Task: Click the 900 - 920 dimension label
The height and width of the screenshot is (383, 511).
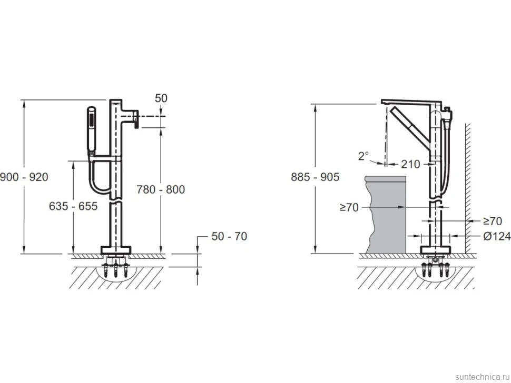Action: [x=24, y=177]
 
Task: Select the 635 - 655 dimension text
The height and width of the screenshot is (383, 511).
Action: [x=73, y=206]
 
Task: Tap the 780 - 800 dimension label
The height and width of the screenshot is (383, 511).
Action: [x=161, y=189]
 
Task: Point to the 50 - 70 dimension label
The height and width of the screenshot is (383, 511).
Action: [x=230, y=236]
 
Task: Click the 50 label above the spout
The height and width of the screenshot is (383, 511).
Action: [x=161, y=98]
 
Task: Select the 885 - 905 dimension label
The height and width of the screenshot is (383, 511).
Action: [x=315, y=177]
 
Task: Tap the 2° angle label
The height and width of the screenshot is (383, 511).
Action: [x=363, y=156]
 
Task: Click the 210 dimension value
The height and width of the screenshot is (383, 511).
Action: [x=410, y=164]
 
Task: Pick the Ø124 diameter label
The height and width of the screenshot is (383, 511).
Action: [x=497, y=236]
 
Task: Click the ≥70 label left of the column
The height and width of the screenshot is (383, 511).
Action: [x=349, y=207]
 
